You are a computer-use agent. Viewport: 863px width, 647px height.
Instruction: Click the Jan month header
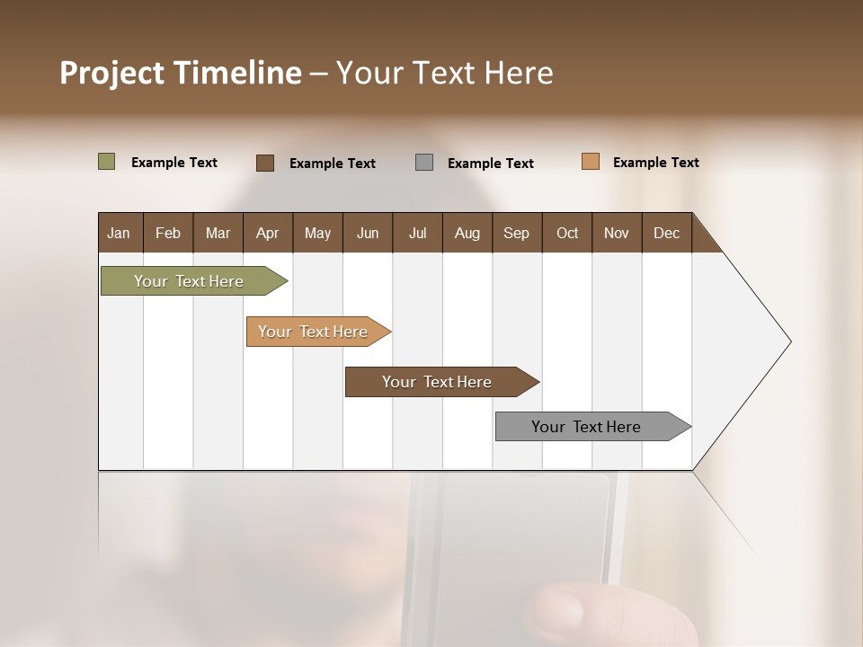click(x=119, y=234)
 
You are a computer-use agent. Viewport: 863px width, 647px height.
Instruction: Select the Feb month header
click(x=168, y=234)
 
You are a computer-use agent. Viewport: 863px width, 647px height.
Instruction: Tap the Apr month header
click(x=267, y=234)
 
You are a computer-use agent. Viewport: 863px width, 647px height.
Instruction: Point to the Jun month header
click(x=367, y=234)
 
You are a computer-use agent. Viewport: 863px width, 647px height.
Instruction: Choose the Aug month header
click(x=467, y=234)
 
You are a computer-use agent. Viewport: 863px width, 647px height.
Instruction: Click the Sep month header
click(x=516, y=234)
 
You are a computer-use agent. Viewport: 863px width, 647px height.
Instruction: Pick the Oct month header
click(x=566, y=234)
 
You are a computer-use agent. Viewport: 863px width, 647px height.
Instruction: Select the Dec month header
click(x=666, y=234)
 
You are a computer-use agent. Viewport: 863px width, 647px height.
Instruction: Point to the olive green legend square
click(x=107, y=162)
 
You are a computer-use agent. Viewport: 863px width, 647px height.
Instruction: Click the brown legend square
click(x=265, y=163)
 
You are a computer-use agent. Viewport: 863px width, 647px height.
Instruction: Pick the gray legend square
click(x=424, y=163)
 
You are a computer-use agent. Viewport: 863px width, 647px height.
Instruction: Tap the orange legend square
click(x=591, y=162)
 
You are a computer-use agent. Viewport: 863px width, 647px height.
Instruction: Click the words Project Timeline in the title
click(x=180, y=73)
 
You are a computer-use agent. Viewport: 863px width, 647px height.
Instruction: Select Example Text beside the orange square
click(x=655, y=163)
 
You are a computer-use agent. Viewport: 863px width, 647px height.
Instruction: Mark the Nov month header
click(x=616, y=234)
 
